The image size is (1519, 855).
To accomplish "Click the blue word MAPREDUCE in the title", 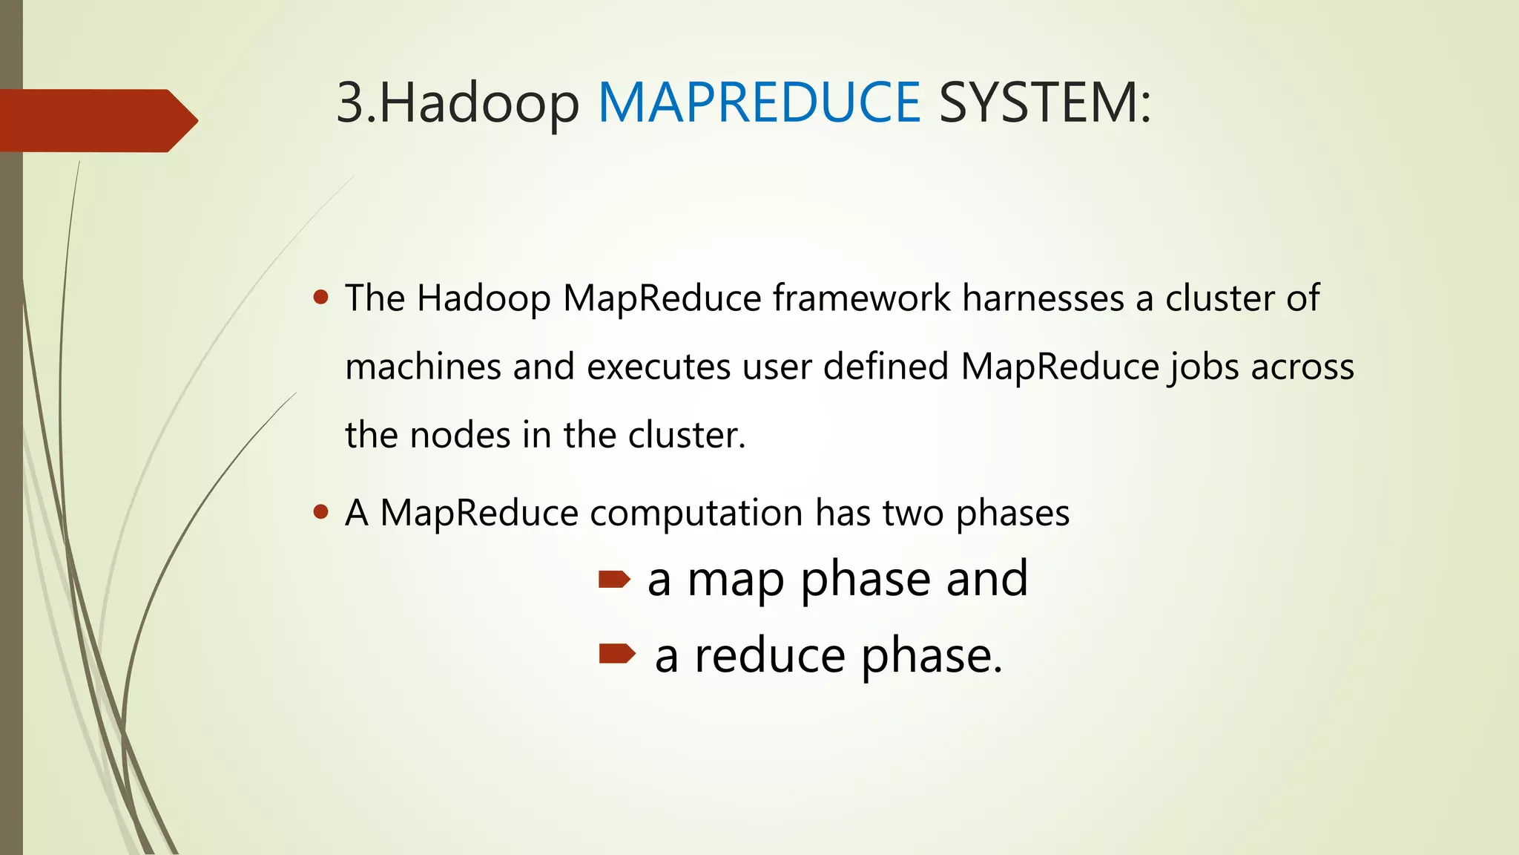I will click(759, 102).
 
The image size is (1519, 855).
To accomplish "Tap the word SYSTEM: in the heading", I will click(1045, 102).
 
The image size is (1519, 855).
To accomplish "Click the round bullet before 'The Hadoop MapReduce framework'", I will click(321, 298).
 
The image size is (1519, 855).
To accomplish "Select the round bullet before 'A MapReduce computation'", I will click(321, 511).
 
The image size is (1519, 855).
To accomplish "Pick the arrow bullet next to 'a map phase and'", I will click(614, 579).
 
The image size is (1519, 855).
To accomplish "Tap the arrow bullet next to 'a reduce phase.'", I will click(616, 653).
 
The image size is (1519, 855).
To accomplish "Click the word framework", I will click(862, 298).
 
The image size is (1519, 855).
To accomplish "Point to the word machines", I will click(423, 367).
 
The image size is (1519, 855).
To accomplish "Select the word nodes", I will click(460, 435).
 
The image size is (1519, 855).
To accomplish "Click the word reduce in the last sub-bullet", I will click(769, 656).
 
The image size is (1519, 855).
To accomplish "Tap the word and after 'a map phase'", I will click(987, 579).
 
